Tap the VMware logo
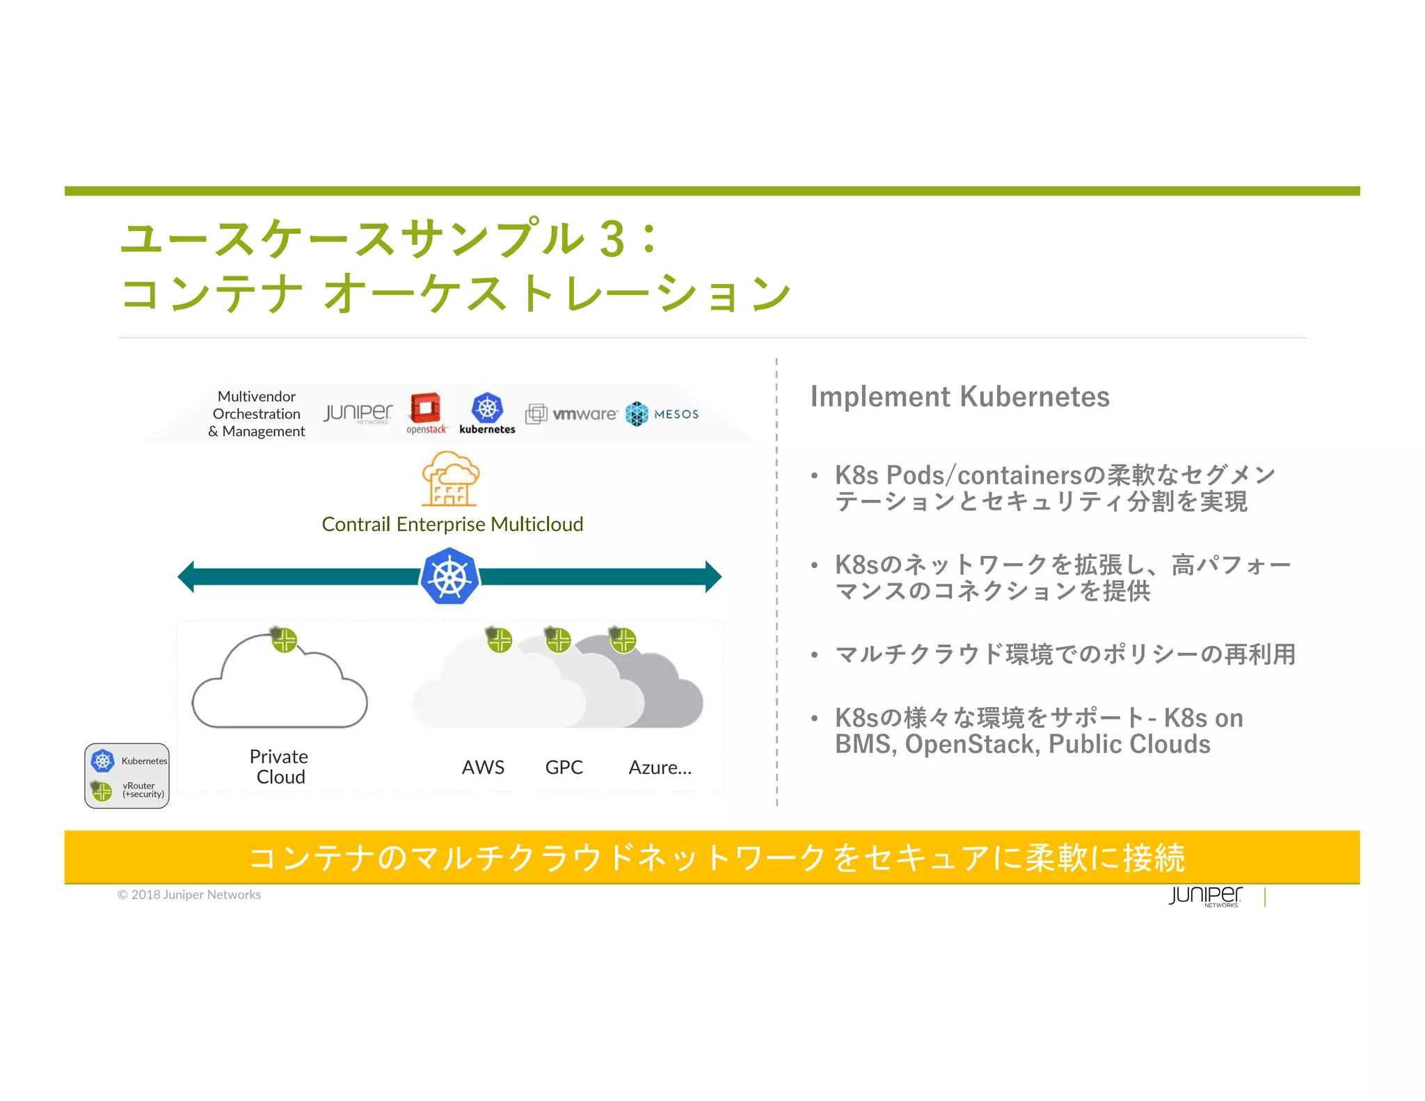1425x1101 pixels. click(x=571, y=414)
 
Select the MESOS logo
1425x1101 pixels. click(x=662, y=414)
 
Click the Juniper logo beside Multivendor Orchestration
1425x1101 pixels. click(x=358, y=413)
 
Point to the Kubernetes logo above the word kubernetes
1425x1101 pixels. click(x=487, y=408)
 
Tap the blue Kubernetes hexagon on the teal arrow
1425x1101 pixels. click(x=450, y=576)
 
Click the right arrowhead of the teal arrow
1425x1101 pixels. click(x=713, y=576)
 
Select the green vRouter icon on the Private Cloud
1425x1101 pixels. click(x=284, y=640)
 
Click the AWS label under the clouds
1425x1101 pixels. click(x=483, y=767)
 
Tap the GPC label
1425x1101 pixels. click(x=564, y=767)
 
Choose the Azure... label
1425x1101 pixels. click(x=660, y=767)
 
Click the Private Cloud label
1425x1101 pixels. click(x=280, y=766)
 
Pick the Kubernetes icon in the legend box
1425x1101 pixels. click(x=103, y=761)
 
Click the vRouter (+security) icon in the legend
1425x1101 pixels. click(x=102, y=791)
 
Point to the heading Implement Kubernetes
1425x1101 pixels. click(x=960, y=397)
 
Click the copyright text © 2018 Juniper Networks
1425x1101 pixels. click(x=189, y=894)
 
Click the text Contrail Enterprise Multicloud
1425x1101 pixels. click(x=452, y=524)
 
